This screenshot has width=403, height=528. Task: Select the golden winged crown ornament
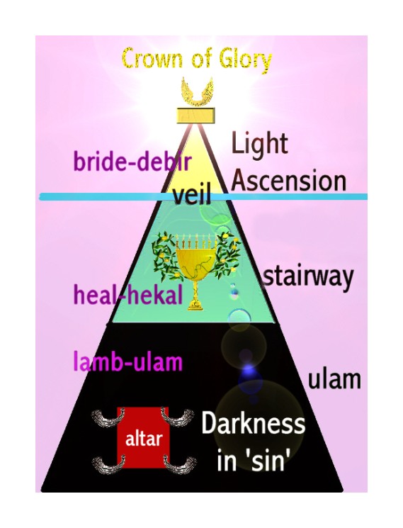coord(197,91)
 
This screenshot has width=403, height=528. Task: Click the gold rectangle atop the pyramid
coord(195,116)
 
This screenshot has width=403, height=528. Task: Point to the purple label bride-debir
coord(132,162)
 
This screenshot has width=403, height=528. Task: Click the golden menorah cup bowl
coord(196,261)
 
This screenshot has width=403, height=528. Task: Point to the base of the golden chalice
coord(196,305)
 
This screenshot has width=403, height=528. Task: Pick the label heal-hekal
coord(128,294)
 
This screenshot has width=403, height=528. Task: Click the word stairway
coord(308,279)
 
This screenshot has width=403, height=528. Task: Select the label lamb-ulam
coord(127,361)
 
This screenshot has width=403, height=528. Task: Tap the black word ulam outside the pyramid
coord(334,379)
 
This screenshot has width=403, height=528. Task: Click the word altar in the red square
coord(144,439)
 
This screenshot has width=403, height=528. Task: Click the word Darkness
coord(254,424)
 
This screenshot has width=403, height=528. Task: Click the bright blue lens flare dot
coord(249,369)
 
